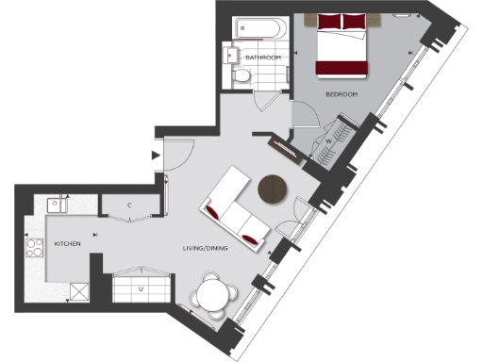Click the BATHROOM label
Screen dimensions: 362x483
(x=263, y=58)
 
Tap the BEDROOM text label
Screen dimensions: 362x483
(x=341, y=94)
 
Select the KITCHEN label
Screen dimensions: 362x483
(x=67, y=244)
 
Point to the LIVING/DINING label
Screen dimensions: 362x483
(x=205, y=248)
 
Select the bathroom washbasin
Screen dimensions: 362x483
(x=230, y=57)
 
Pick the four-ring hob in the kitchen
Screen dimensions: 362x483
(x=34, y=248)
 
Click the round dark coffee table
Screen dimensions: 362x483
(x=274, y=188)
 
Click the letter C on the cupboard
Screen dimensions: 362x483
(x=129, y=206)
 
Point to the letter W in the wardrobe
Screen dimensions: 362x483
(x=329, y=142)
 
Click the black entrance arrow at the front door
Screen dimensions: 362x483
(x=155, y=156)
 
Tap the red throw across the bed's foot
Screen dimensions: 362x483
(x=340, y=67)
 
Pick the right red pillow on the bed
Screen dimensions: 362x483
(x=354, y=21)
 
